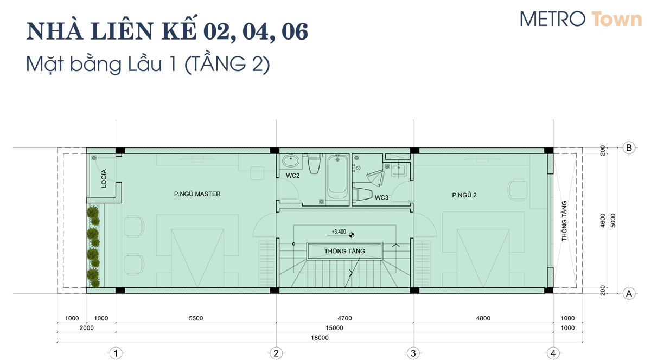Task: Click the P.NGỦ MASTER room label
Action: (x=197, y=194)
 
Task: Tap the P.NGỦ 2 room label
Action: (x=464, y=195)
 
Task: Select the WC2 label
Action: (x=292, y=176)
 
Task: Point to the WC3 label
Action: (x=381, y=197)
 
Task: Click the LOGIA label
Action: (x=104, y=178)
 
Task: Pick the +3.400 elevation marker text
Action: (x=339, y=232)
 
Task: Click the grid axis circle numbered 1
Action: (x=116, y=353)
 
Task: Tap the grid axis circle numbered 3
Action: (x=413, y=353)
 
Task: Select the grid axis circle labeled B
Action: (x=629, y=148)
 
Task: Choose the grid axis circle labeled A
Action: (x=629, y=293)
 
